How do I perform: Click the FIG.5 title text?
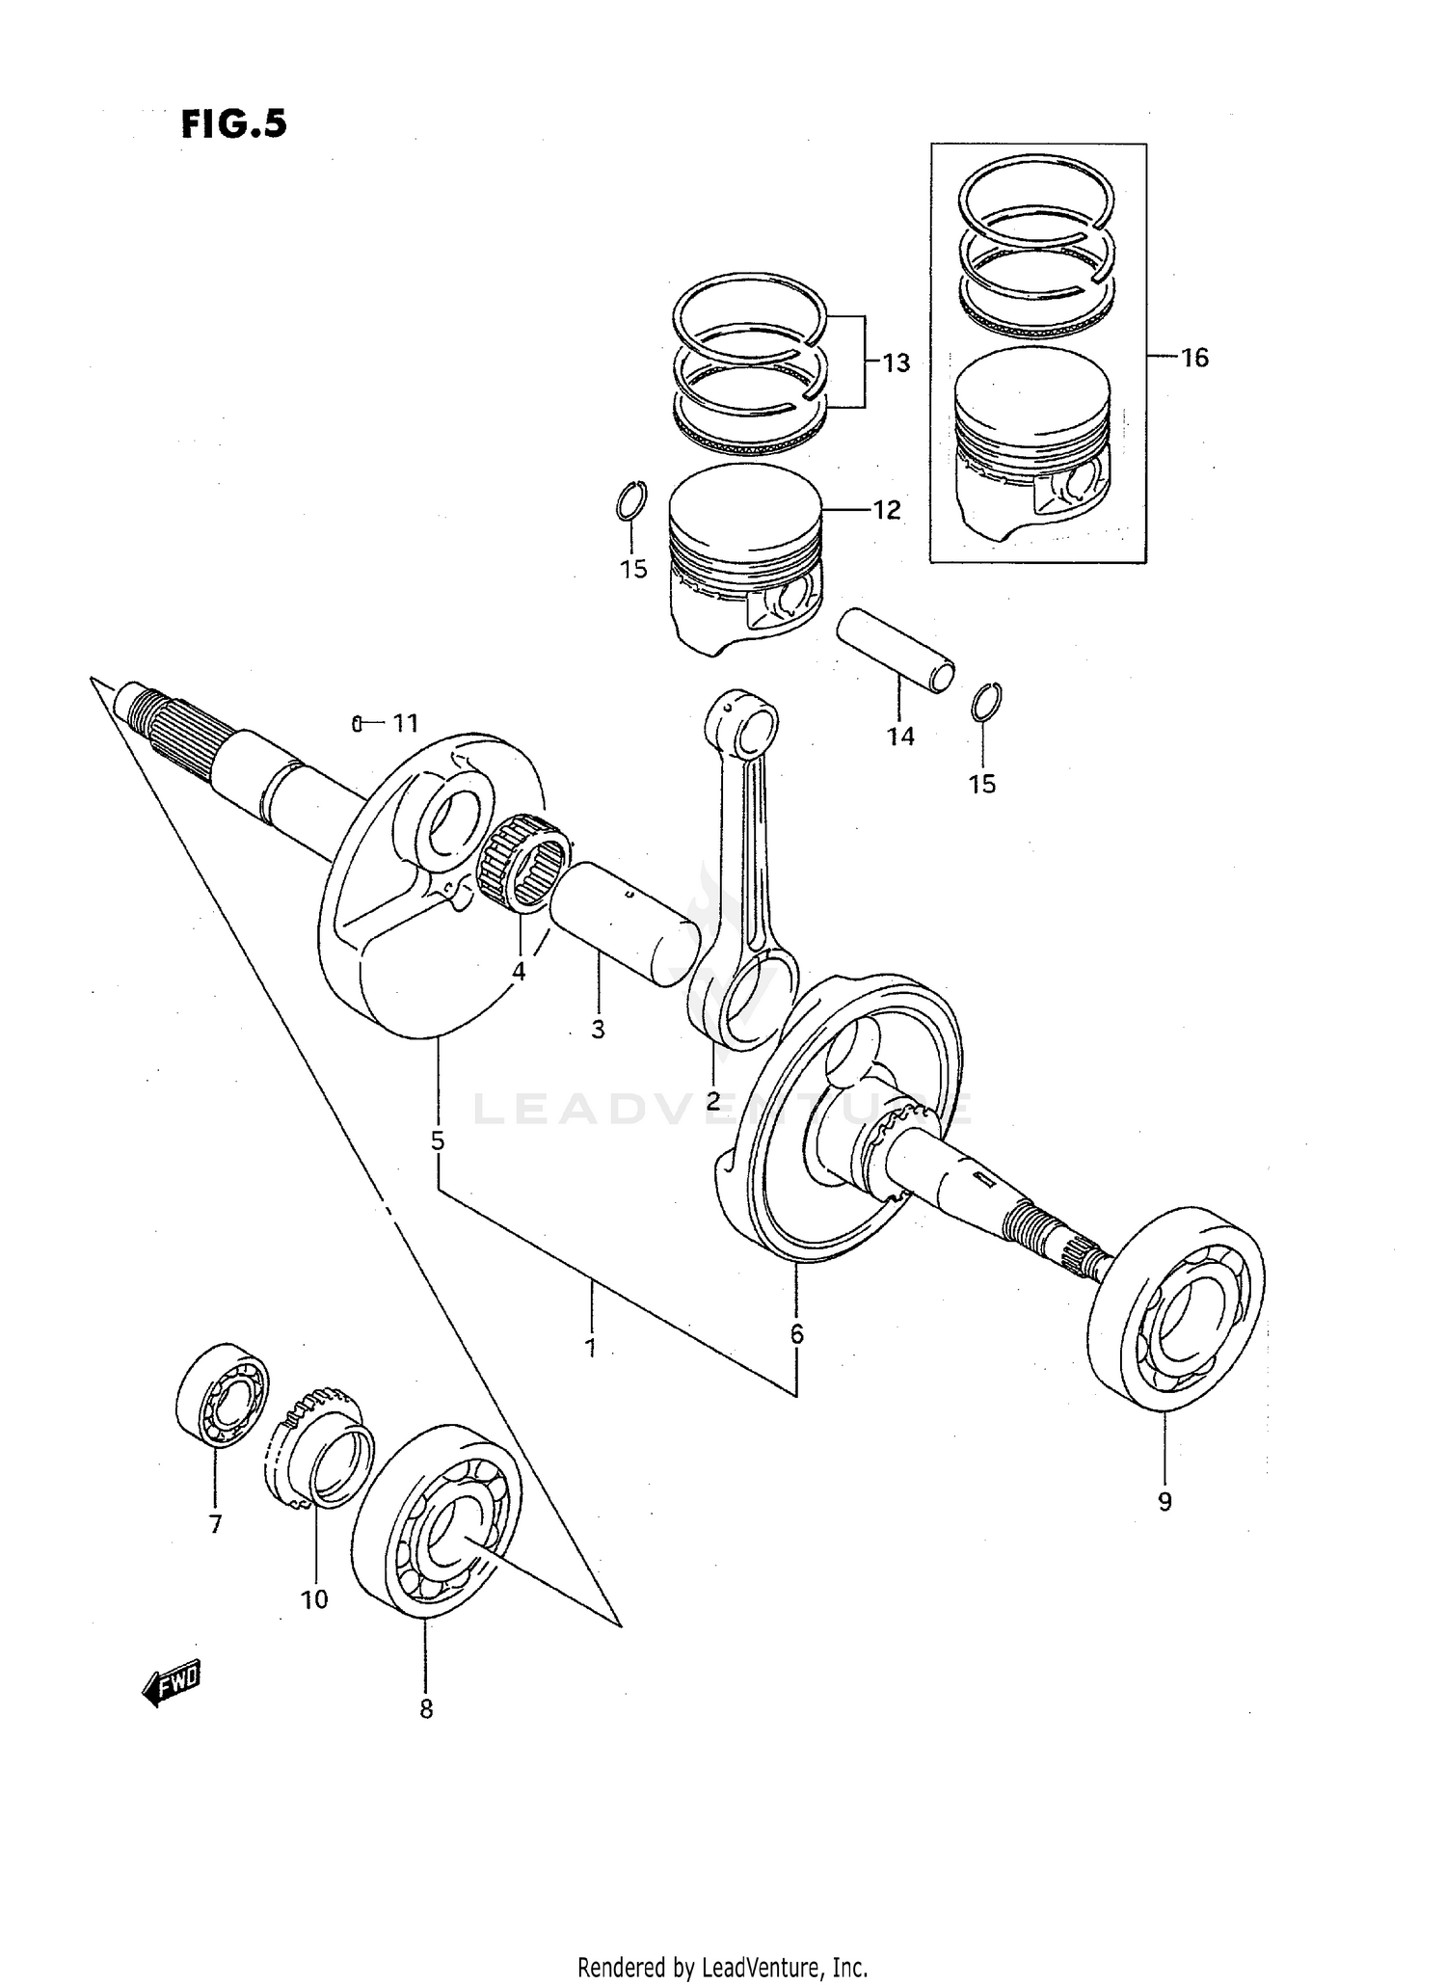click(234, 124)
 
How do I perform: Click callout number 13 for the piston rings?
click(896, 363)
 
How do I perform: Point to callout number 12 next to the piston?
click(886, 510)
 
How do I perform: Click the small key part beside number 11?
click(356, 723)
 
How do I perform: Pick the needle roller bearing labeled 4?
click(523, 860)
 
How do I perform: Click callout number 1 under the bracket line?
click(590, 1348)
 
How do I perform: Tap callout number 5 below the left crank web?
click(438, 1141)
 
